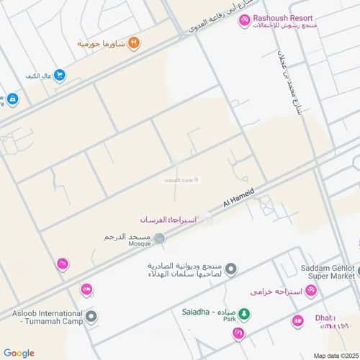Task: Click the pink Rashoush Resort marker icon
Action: point(245,21)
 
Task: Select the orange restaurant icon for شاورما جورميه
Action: point(134,44)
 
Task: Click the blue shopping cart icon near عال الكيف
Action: point(60,75)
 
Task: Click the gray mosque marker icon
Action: point(159,238)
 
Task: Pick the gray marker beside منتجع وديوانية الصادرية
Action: point(230,269)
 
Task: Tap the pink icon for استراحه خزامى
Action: point(310,291)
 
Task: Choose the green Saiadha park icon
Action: point(244,313)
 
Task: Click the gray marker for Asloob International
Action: point(91,316)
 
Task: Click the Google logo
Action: point(19,353)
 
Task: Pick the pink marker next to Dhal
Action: point(297,321)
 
